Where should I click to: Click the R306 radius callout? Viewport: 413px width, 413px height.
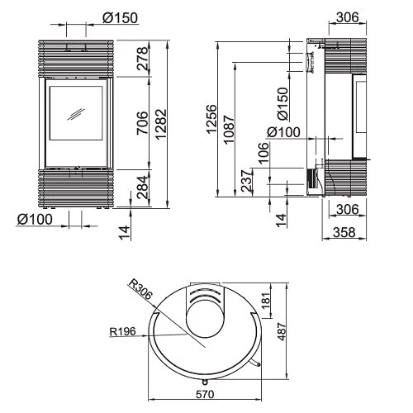(x=140, y=289)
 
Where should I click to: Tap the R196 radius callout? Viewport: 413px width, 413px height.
(x=123, y=333)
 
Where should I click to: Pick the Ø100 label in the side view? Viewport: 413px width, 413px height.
(x=282, y=132)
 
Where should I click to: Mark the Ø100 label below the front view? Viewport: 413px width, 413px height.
(x=34, y=219)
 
